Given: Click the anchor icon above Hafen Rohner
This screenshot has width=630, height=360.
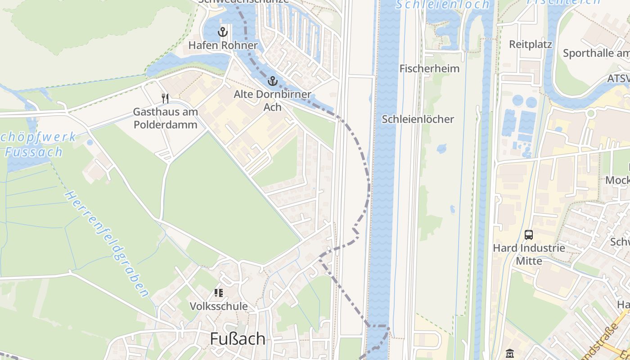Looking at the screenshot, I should [222, 32].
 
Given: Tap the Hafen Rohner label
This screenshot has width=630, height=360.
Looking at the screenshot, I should [223, 45].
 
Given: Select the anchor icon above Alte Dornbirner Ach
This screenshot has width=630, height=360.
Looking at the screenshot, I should [272, 81].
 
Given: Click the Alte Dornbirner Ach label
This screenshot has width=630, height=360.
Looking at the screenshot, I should [272, 100].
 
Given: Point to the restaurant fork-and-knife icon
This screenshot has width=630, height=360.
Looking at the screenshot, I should [165, 98].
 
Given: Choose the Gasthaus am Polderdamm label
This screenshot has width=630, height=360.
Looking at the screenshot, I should [165, 118].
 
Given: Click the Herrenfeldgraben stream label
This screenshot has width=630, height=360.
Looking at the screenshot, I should [107, 243].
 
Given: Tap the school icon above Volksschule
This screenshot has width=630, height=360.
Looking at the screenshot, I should [219, 293].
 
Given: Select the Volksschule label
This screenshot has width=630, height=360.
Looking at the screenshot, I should [219, 306].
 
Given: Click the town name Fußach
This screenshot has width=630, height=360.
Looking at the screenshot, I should [238, 339].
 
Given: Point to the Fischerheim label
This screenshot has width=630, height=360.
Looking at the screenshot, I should [429, 69].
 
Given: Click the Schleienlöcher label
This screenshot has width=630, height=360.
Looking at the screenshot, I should [418, 119].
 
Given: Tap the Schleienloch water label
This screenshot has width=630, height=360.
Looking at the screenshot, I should [442, 5].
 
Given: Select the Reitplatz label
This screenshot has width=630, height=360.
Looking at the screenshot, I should [531, 45].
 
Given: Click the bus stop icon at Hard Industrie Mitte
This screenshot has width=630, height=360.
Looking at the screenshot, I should [529, 235].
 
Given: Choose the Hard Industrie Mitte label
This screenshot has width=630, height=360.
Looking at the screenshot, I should [529, 254].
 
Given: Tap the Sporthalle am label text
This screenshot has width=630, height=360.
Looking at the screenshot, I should [596, 53].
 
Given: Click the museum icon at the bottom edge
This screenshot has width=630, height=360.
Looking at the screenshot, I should [509, 354].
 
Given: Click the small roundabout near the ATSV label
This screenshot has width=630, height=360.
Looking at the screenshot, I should [591, 113].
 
